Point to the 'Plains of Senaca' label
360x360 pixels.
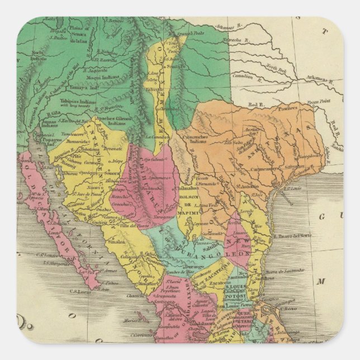[78, 30]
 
